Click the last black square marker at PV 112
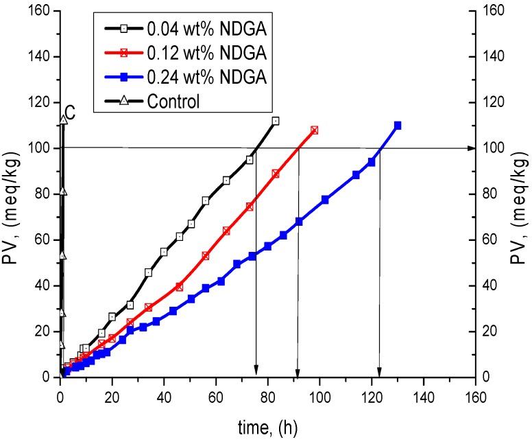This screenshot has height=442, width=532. point(276,121)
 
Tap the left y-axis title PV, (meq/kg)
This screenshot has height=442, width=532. point(13,194)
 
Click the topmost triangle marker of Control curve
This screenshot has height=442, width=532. point(63,119)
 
